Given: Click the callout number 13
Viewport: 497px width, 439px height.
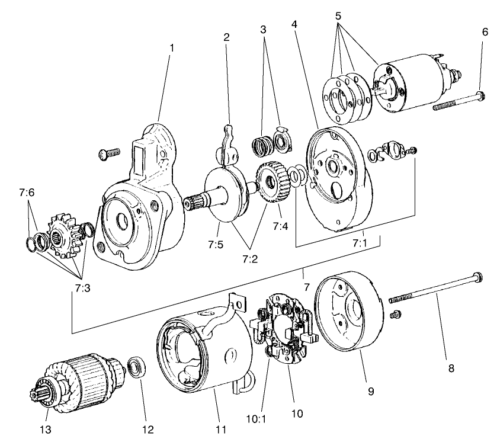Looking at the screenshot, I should (x=44, y=428).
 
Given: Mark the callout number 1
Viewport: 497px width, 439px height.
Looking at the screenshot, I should (x=172, y=46).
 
